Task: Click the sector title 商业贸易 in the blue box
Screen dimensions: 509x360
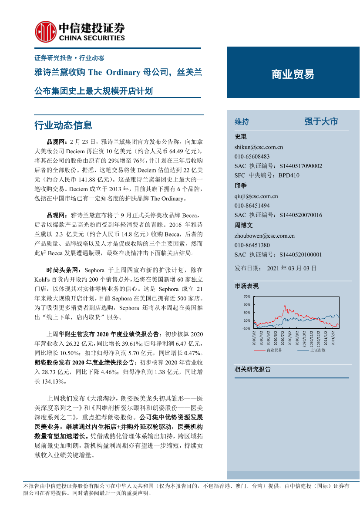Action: tap(293, 74)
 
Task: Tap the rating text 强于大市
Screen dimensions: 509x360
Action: tap(321, 121)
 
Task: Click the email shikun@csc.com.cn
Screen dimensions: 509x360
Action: tap(259, 147)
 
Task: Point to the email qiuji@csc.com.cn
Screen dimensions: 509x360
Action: tap(256, 196)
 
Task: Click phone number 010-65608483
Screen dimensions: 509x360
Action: tap(252, 157)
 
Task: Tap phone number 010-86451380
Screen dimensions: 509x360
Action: tap(252, 245)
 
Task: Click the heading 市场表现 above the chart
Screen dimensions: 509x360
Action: tap(246, 286)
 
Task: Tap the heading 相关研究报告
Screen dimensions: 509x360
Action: tap(252, 369)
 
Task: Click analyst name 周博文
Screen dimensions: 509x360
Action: tap(243, 226)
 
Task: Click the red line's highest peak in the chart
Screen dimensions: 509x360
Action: tap(284, 305)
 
